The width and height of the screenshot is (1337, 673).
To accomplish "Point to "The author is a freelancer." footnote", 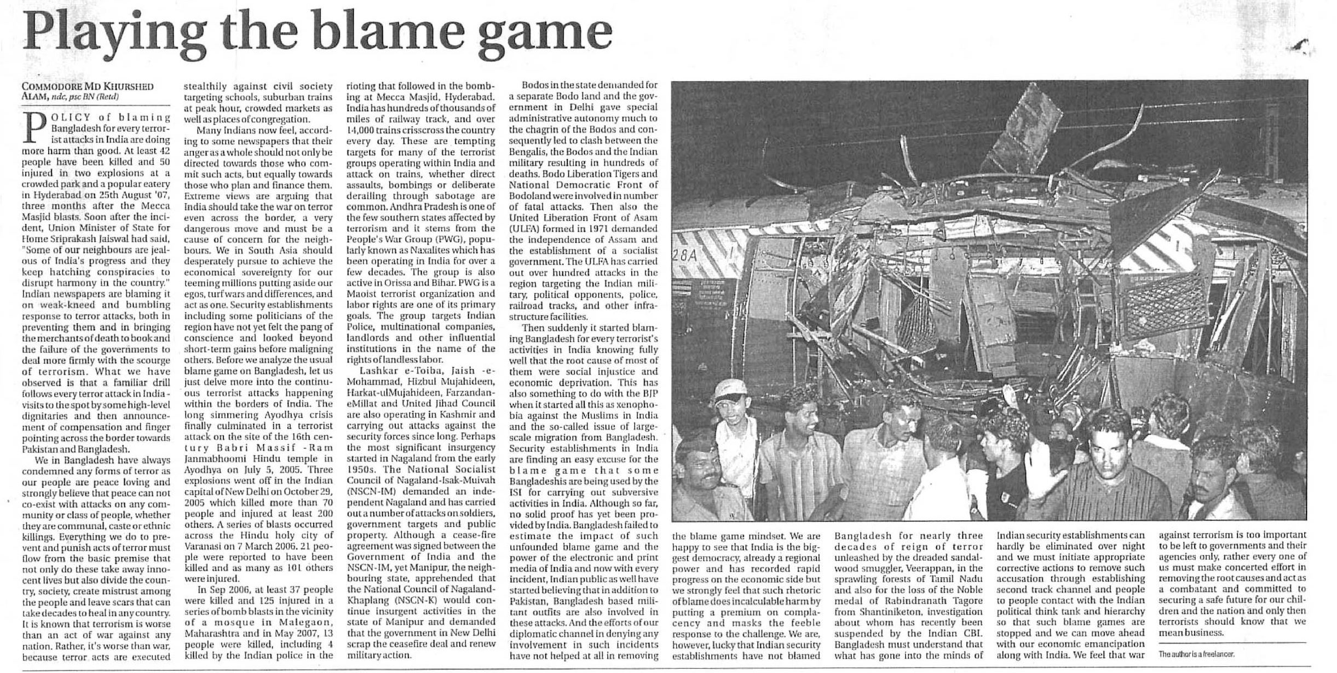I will [1196, 654].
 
